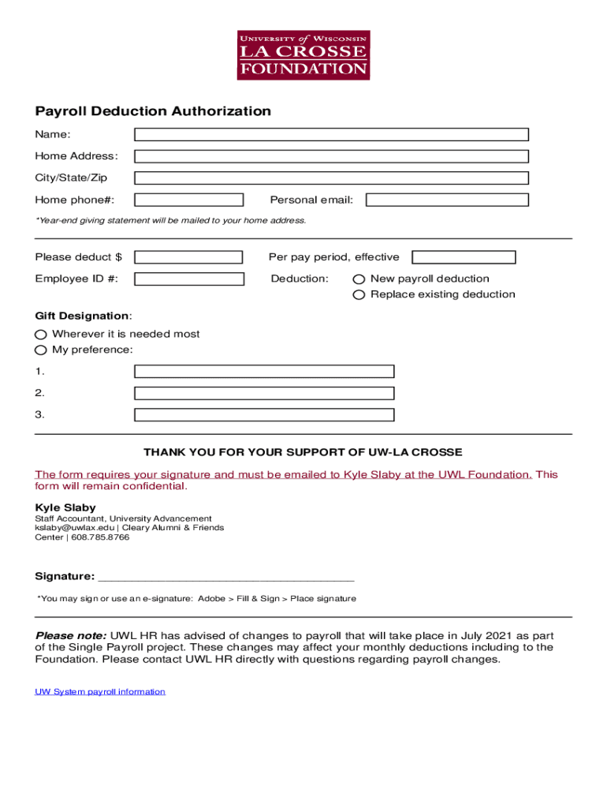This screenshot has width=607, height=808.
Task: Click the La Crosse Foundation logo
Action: pos(303,55)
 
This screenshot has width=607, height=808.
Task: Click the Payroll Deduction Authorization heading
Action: pos(153,111)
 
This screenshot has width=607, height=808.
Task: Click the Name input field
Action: pos(331,135)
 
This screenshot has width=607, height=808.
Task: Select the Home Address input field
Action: pos(331,156)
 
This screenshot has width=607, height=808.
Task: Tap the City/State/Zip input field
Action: pos(331,178)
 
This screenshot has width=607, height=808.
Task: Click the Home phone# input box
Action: pos(189,200)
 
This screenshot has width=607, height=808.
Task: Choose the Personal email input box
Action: pos(447,200)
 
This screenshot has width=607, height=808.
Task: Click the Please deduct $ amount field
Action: pos(189,257)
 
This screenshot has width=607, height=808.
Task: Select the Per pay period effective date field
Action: pos(464,257)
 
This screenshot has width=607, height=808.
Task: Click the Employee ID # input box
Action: pos(189,279)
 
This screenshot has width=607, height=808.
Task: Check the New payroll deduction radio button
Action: pos(359,279)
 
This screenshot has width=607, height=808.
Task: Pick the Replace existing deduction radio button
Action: pos(359,295)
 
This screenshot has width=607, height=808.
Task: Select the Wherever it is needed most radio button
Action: pos(41,335)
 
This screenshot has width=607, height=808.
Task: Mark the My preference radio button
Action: pos(41,350)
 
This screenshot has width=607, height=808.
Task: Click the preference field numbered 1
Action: pos(264,372)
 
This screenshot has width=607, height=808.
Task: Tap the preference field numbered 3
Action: pos(264,415)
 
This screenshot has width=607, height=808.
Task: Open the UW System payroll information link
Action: pos(100,692)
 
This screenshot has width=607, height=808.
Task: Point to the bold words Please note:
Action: pos(71,635)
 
